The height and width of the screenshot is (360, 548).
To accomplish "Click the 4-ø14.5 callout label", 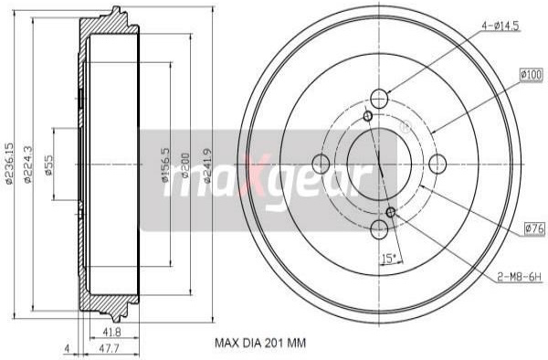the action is click(x=501, y=26).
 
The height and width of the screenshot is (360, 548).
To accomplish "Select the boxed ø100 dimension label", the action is click(x=532, y=75).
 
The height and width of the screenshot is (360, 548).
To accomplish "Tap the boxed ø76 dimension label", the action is click(x=534, y=229).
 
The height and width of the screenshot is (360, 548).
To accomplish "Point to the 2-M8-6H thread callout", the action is click(x=519, y=277).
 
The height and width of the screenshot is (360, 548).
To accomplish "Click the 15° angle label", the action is click(x=388, y=259).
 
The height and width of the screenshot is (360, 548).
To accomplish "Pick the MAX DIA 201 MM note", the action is click(x=260, y=343).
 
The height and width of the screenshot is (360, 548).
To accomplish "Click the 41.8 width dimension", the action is click(x=112, y=332).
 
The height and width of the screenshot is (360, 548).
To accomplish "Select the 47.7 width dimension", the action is click(x=110, y=348).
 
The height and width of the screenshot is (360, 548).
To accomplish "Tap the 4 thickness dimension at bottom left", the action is click(x=67, y=348).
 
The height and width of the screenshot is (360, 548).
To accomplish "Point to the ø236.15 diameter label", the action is click(x=9, y=164).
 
